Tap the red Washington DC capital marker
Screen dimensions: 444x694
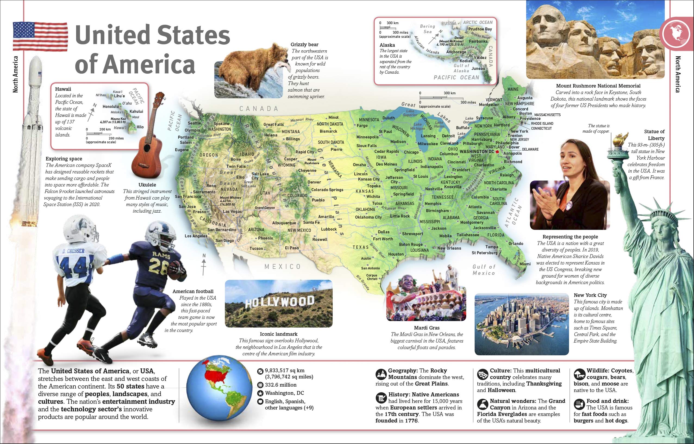(497, 152)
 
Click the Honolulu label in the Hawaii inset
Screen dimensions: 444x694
(110, 106)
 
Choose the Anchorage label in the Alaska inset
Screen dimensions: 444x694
(456, 52)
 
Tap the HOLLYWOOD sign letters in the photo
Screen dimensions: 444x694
(279, 302)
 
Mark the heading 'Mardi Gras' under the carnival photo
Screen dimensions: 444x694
(427, 328)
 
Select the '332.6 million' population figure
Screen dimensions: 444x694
(280, 385)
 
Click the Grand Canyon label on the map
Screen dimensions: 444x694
(265, 207)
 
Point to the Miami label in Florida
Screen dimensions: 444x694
(525, 264)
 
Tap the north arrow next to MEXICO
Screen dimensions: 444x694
(204, 264)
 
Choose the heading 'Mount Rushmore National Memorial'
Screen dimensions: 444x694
(598, 86)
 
